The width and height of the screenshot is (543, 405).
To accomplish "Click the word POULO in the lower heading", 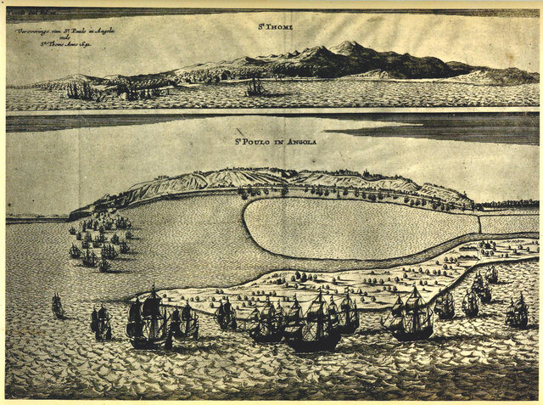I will click(x=260, y=141).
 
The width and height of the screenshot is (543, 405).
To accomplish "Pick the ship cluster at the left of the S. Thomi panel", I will click(x=82, y=89).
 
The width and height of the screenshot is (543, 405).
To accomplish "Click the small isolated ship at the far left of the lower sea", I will click(x=57, y=306).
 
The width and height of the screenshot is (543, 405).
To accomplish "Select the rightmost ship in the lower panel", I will click(x=517, y=312).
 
